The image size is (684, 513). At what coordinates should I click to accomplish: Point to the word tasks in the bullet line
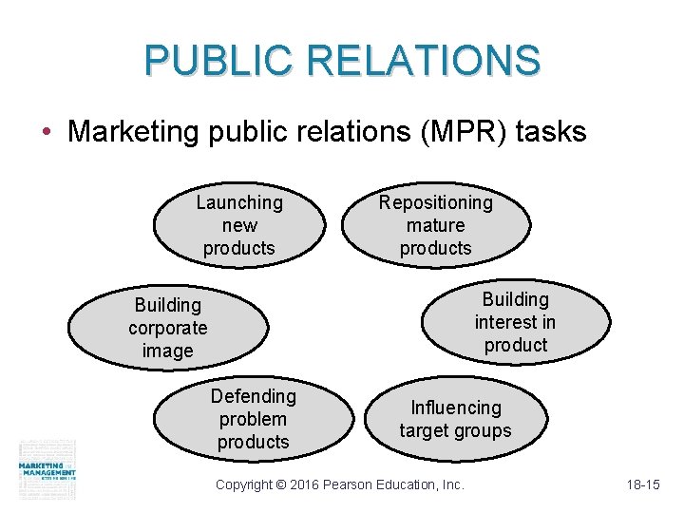[x=551, y=132]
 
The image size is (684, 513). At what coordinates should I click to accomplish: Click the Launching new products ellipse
[x=238, y=226]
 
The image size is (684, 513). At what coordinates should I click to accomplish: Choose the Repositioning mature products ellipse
[x=436, y=226]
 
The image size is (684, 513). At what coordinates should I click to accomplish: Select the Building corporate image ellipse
[x=167, y=328]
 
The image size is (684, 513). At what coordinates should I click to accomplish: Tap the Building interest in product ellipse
[x=516, y=322]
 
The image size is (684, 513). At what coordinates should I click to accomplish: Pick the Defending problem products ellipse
[x=253, y=419]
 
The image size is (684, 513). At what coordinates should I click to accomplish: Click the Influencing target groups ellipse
[x=455, y=419]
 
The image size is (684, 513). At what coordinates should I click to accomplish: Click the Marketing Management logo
[x=47, y=469]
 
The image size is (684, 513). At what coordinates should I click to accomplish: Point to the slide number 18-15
[x=643, y=484]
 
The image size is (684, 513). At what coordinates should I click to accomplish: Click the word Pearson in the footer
[x=351, y=484]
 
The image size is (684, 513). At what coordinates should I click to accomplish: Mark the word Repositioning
[x=436, y=202]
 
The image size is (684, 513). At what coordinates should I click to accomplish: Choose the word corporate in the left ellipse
[x=167, y=328]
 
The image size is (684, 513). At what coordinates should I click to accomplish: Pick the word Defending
[x=253, y=396]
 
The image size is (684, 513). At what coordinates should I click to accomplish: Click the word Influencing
[x=455, y=408]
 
